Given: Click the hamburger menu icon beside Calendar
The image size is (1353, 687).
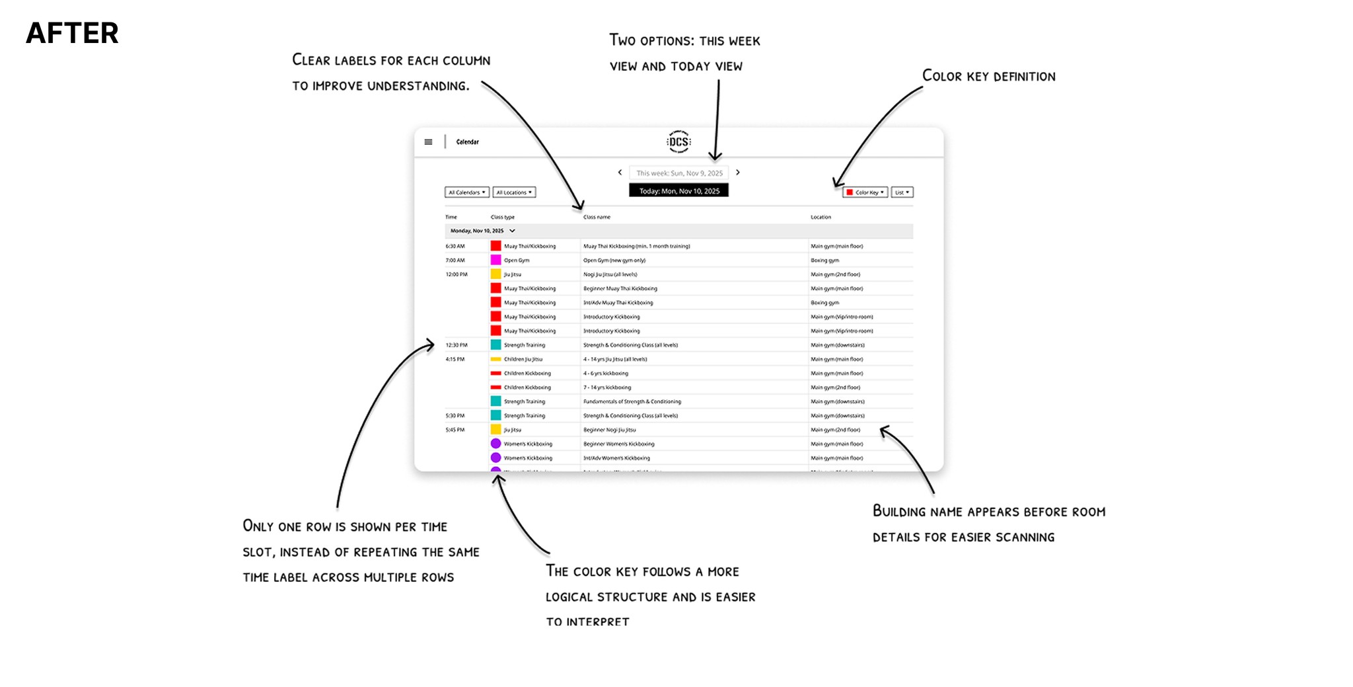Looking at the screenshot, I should (428, 142).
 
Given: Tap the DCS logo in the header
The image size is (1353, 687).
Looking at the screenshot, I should (678, 141).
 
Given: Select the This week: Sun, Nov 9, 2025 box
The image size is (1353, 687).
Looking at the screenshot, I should (678, 173).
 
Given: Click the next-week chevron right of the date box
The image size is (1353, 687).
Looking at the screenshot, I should (738, 173).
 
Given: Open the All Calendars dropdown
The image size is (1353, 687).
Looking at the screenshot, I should (466, 192).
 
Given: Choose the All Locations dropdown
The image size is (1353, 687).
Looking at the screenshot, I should (514, 192).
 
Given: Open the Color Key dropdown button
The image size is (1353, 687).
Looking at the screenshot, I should (865, 192).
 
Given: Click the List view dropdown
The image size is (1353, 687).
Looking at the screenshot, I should (902, 192).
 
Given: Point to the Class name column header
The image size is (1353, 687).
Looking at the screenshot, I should (597, 217).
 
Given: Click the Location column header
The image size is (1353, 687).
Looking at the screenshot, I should (821, 217).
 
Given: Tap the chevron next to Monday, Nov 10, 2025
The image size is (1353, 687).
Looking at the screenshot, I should (512, 231).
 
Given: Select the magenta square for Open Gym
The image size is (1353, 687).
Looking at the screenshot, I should (495, 260).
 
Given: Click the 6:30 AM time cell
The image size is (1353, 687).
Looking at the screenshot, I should (455, 246).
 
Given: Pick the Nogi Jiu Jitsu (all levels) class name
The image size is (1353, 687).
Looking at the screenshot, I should (610, 274).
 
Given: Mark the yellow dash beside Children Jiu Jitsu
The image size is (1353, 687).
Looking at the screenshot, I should (495, 359).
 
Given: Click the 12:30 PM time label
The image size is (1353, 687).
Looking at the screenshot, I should (457, 345).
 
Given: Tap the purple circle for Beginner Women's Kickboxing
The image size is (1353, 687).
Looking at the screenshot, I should (495, 444).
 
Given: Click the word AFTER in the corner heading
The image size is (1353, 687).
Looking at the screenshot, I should (72, 33).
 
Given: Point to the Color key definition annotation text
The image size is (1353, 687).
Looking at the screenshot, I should (988, 76).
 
